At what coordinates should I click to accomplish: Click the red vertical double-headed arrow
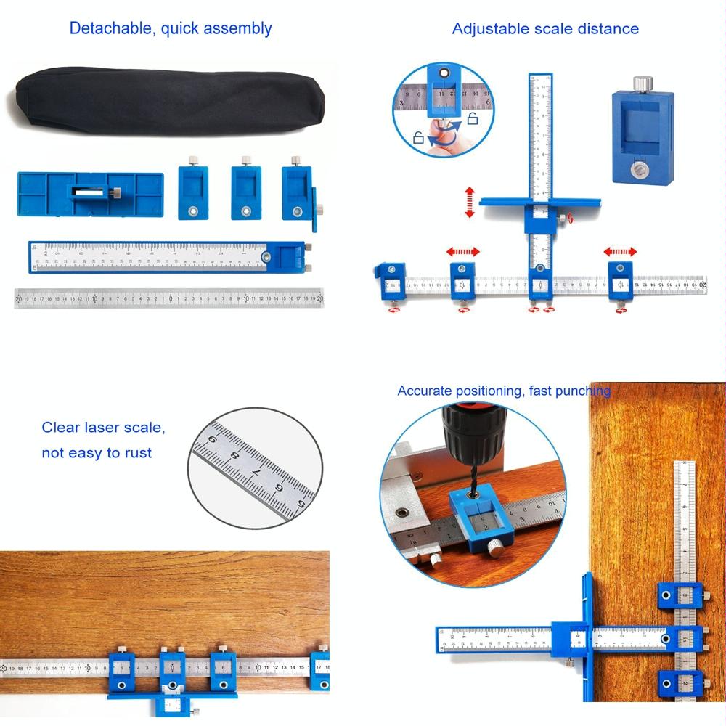click(470, 202)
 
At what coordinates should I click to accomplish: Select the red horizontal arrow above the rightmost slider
click(621, 252)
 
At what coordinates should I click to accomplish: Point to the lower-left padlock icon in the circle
click(418, 136)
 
